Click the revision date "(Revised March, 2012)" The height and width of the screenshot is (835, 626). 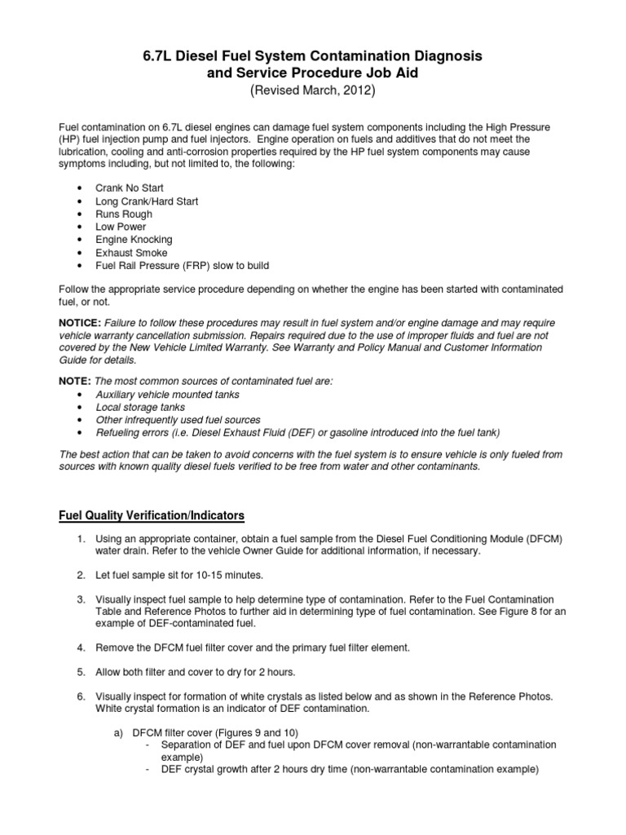point(313,91)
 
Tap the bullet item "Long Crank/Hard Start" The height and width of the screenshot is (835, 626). point(147,201)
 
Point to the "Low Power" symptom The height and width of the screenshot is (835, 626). point(121,227)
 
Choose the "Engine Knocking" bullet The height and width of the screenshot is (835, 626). point(134,240)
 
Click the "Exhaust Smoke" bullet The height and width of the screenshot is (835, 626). point(131,253)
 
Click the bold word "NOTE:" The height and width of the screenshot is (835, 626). point(74,381)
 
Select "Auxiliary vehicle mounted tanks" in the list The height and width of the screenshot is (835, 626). point(168,394)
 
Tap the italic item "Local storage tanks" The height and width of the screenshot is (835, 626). point(140,407)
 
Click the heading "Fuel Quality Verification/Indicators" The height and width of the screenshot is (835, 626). point(151,516)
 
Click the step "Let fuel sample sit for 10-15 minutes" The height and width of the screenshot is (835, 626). point(180,575)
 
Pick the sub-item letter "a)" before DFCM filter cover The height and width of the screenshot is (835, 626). point(117,732)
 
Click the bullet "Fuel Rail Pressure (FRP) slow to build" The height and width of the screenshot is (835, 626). point(182,266)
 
